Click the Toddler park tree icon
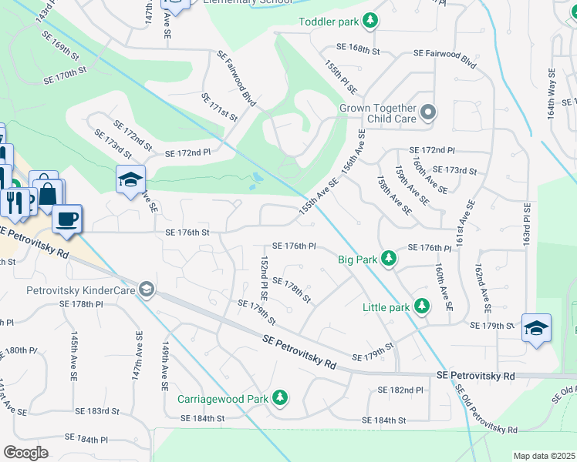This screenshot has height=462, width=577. tap(371, 21)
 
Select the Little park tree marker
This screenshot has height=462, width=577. tap(421, 307)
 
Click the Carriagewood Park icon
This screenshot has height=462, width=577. tap(282, 399)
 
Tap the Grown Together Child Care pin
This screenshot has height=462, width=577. tap(429, 114)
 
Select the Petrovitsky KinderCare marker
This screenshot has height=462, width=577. tap(147, 290)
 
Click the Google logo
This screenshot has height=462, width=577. tap(26, 453)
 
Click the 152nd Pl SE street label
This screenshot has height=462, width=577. tap(265, 277)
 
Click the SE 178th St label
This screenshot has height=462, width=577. tap(291, 291)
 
